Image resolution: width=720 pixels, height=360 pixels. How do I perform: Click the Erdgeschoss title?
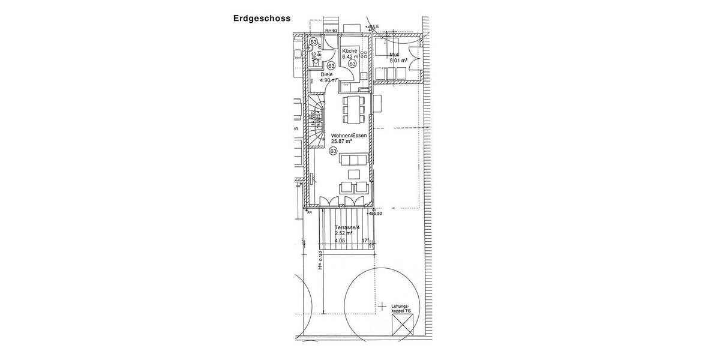[x=262, y=18]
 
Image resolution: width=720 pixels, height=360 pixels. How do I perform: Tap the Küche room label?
[x=349, y=51]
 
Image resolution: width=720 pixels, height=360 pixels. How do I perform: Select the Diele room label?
[x=326, y=74]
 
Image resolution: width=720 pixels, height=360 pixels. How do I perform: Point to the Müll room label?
[x=394, y=55]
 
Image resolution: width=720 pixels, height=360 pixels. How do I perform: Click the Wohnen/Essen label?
[x=349, y=136]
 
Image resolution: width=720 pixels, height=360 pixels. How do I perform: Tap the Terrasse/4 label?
[x=347, y=227]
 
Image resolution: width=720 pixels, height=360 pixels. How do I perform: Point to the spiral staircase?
[x=317, y=120]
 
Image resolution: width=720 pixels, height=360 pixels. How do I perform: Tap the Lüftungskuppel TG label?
[x=401, y=308]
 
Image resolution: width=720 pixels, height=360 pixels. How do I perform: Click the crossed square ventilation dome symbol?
[x=402, y=328]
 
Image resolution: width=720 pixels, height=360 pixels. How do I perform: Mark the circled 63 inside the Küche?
[x=352, y=64]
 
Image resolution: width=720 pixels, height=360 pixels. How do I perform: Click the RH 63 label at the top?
[x=331, y=30]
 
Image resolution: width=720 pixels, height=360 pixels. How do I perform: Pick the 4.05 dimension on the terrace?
[x=340, y=241]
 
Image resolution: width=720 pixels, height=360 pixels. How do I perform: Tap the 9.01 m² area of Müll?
[x=398, y=61]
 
